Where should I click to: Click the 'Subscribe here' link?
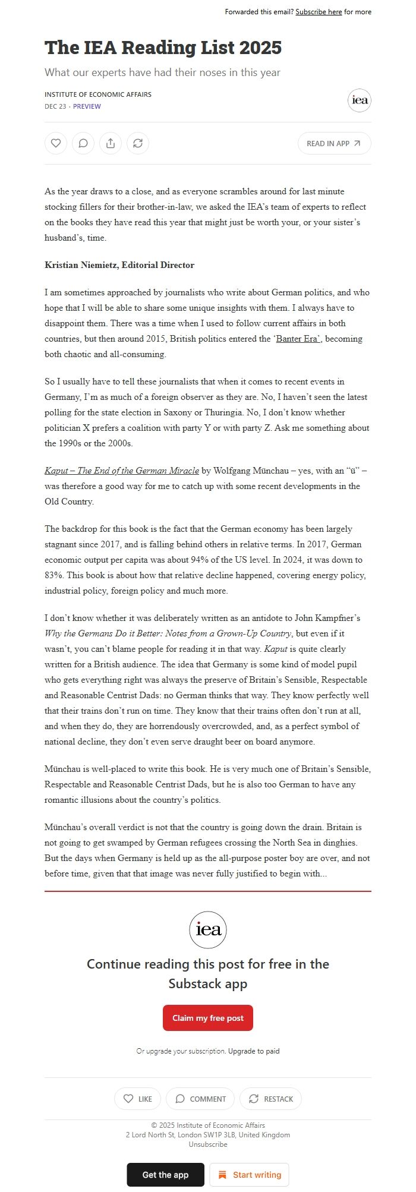coord(319,12)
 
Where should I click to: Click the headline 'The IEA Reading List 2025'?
coord(163,48)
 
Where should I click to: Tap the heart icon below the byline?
coord(56,143)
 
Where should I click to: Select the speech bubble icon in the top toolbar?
coord(83,143)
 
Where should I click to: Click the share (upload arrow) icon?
coord(111,143)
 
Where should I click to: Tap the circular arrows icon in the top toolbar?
coord(138,143)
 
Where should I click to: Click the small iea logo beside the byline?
coord(360,100)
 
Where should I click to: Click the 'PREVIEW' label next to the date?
coord(87,106)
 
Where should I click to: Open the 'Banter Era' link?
coord(298,339)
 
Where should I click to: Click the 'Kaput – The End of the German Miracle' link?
coord(122,471)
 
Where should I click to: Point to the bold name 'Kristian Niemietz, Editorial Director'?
coord(119,265)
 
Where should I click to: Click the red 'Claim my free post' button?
coord(208,1018)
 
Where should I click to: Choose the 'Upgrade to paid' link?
coord(254,1051)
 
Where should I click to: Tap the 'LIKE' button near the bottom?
coord(138,1099)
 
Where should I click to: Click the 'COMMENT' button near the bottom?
coord(200,1099)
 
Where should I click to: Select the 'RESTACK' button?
coord(270,1099)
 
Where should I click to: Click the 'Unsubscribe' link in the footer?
coord(208,1144)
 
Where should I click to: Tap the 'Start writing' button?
coord(249,1175)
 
